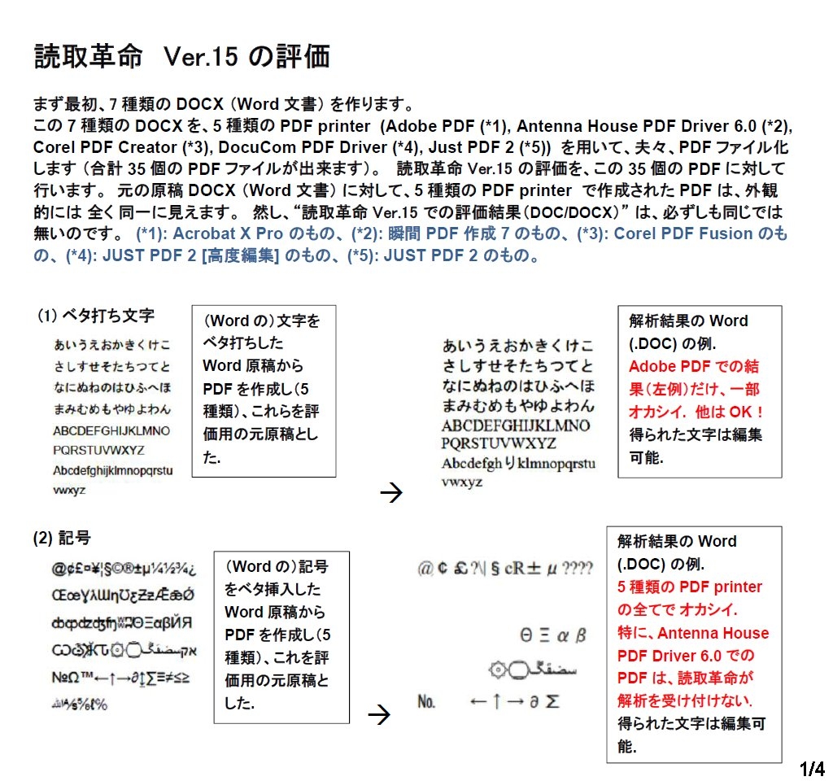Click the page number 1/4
click(x=812, y=769)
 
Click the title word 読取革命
click(x=88, y=57)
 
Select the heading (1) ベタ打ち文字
click(x=96, y=315)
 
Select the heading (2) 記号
click(x=62, y=537)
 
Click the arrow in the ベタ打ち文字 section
click(x=391, y=493)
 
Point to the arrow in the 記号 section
click(x=379, y=715)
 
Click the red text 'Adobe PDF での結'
click(x=693, y=366)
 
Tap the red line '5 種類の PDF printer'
click(x=690, y=587)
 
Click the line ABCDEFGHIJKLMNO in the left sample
click(x=111, y=430)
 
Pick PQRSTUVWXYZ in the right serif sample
click(x=499, y=443)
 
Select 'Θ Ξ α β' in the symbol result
click(x=553, y=635)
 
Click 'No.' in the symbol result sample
click(x=427, y=700)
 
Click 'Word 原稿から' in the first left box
click(x=252, y=366)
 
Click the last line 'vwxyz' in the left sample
click(x=70, y=491)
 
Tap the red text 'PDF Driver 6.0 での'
click(x=686, y=655)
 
